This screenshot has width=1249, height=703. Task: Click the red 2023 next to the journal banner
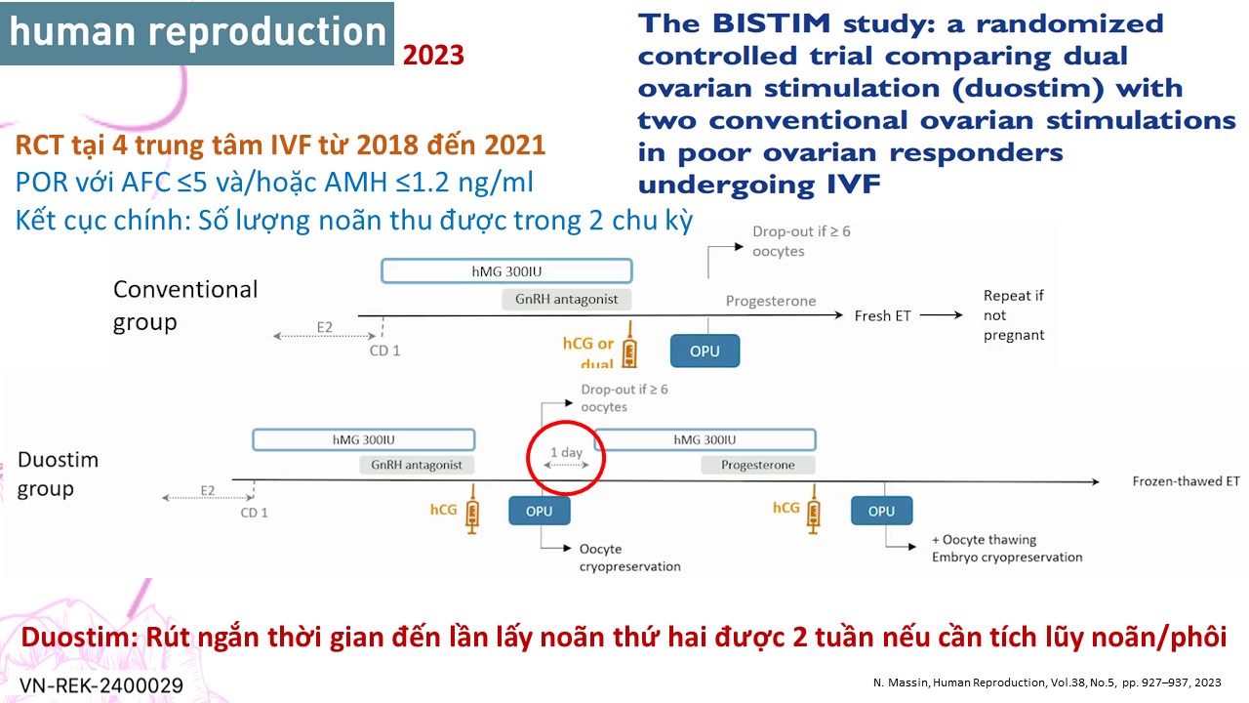[433, 56]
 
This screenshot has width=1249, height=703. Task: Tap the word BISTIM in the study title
[772, 23]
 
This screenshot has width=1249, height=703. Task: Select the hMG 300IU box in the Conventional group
[506, 271]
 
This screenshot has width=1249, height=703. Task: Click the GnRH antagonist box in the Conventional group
[567, 299]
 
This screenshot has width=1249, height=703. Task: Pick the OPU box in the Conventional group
[705, 351]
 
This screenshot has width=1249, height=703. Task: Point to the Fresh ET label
[883, 315]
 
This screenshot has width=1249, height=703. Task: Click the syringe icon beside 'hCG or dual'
[629, 345]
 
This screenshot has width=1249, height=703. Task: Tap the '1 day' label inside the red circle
[567, 452]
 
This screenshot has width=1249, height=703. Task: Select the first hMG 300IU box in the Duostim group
[364, 439]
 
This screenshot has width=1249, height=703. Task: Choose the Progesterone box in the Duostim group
[758, 465]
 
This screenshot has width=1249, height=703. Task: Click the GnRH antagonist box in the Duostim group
[417, 465]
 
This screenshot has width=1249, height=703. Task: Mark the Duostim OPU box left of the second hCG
[540, 511]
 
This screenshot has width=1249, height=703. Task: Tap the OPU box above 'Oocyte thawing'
[881, 511]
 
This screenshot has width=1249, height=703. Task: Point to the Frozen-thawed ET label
[1186, 481]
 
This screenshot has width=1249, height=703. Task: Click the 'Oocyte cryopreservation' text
[630, 558]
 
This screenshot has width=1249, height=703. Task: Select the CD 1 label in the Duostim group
[255, 513]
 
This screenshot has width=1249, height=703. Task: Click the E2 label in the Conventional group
[325, 327]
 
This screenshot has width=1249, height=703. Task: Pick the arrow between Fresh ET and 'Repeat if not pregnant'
[942, 315]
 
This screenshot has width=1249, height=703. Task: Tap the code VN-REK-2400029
[101, 684]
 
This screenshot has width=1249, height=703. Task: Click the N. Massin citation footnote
[1047, 682]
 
